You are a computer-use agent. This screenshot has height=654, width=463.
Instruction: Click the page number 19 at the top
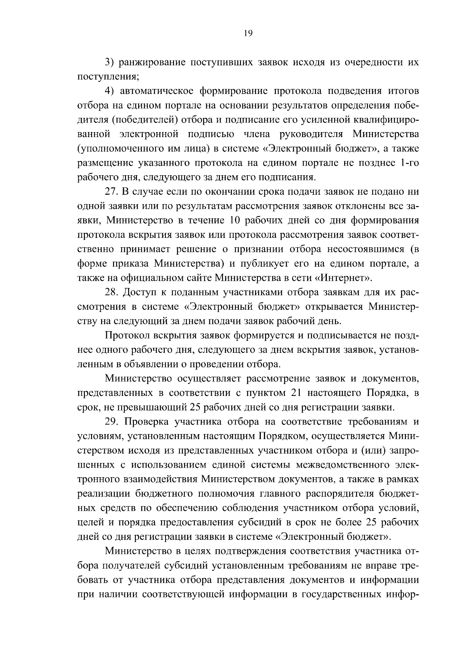point(248,34)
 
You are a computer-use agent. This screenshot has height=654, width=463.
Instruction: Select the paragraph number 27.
point(112,191)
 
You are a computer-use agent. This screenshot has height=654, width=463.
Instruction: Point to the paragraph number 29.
point(112,422)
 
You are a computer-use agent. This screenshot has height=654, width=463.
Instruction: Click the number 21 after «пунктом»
point(292,393)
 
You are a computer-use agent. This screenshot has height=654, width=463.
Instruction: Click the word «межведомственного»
point(340,465)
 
